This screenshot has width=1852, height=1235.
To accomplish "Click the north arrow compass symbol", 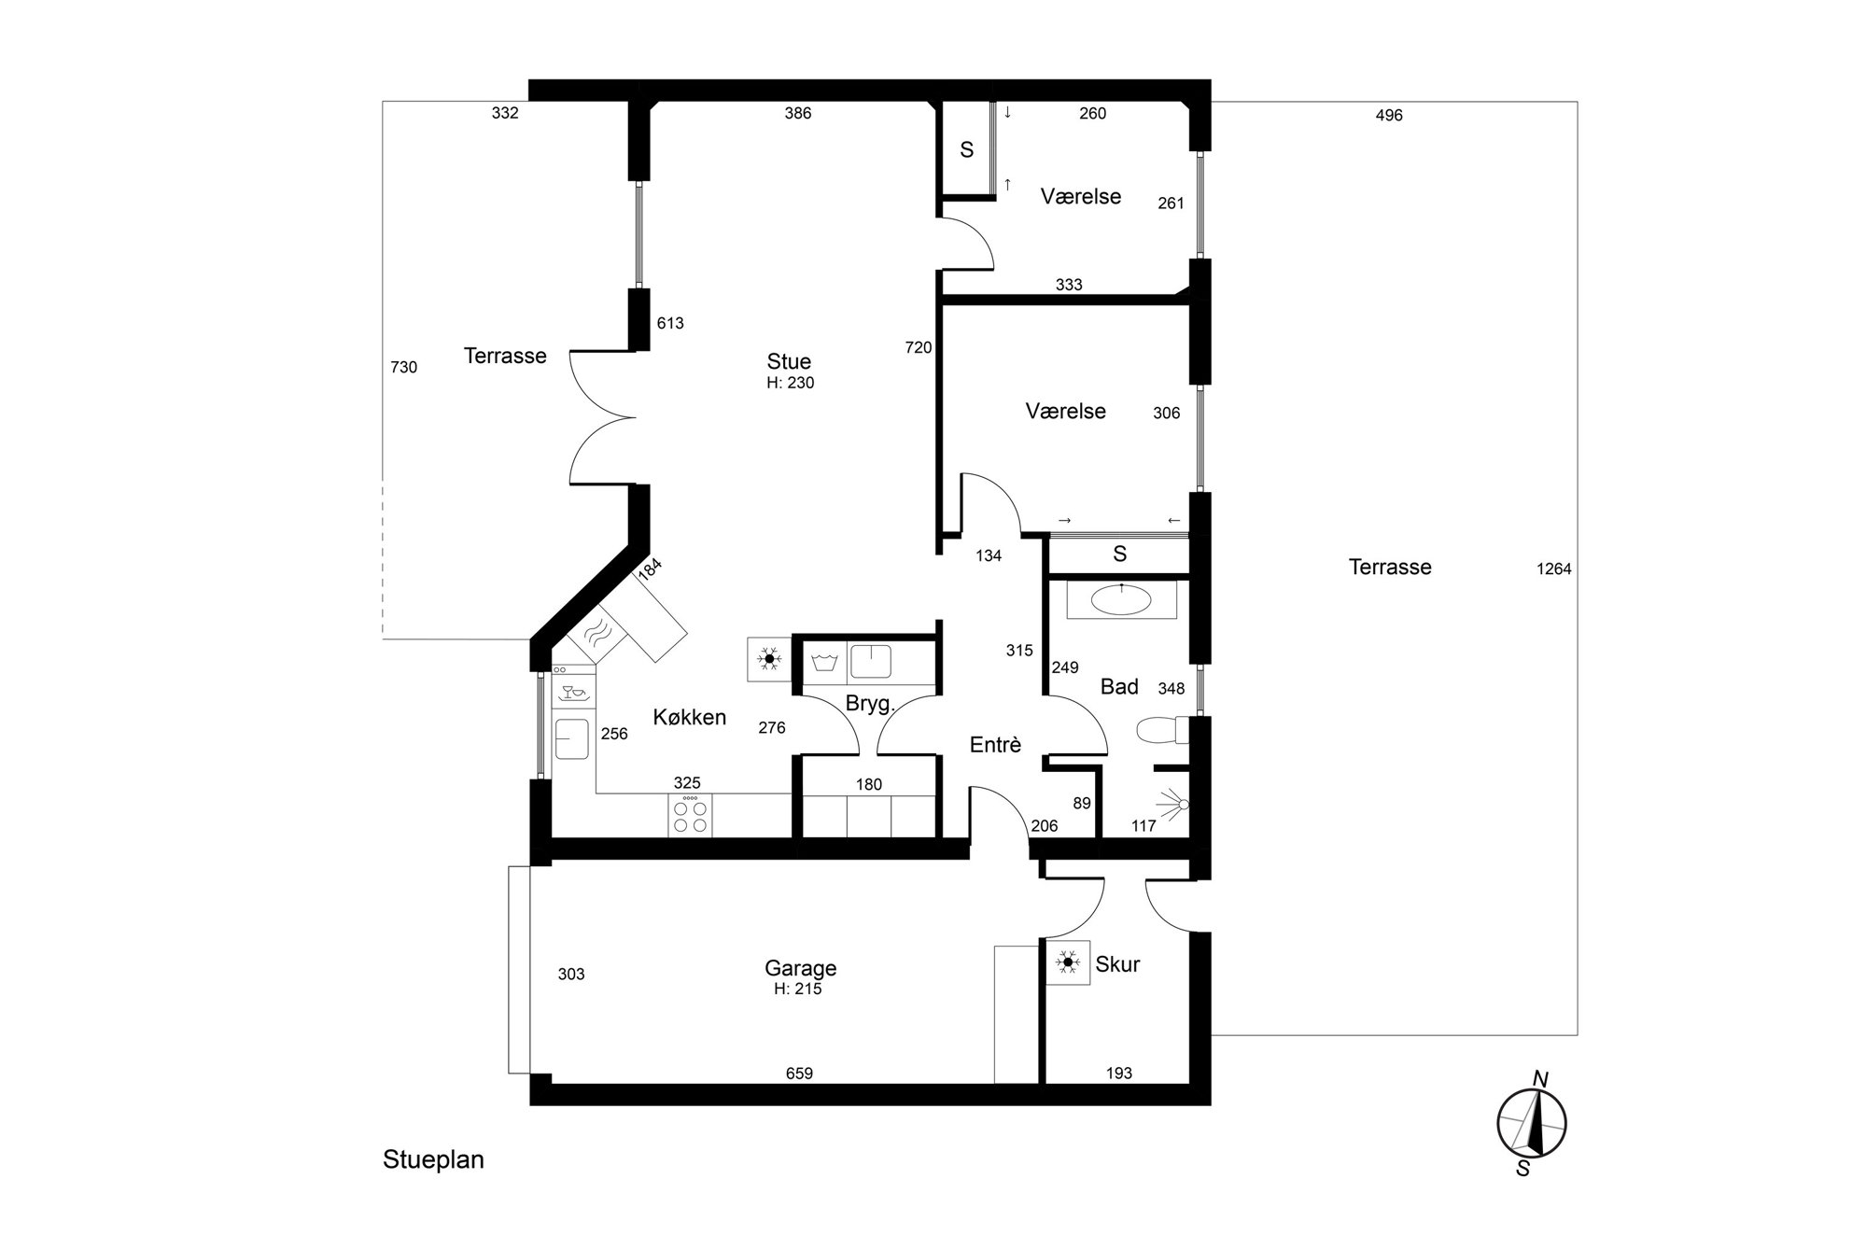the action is coord(1531,1123).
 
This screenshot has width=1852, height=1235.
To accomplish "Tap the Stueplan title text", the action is coord(433,1160).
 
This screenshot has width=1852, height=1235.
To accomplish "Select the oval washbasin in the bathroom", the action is coord(1120,599).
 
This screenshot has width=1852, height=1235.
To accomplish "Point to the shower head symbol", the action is coord(1172,804).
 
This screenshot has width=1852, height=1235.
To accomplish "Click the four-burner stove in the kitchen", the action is coord(690,816).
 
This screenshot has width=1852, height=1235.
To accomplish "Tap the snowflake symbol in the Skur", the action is coord(1068,961).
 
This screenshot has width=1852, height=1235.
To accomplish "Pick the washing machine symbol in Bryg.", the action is coord(824,663).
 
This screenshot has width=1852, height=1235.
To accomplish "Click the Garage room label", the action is coord(800,968).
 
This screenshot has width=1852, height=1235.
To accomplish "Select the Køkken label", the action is coord(689,717).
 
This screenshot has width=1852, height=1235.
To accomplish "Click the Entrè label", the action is coord(995,745).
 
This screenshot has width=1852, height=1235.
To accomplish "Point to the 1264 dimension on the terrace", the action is coord(1553,568).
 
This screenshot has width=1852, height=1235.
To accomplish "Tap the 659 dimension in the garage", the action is coord(799,1074).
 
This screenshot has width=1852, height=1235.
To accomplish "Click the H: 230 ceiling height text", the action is coord(790,383).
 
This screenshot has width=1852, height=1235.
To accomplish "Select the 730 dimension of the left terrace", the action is coord(403,368).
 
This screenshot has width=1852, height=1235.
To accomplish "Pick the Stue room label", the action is coord(789,361).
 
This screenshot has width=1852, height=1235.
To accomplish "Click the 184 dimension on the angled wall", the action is coord(650,568).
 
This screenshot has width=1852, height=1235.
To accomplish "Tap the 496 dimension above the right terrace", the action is coord(1389,116).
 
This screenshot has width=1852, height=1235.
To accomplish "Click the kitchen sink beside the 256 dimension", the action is coord(572,738).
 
